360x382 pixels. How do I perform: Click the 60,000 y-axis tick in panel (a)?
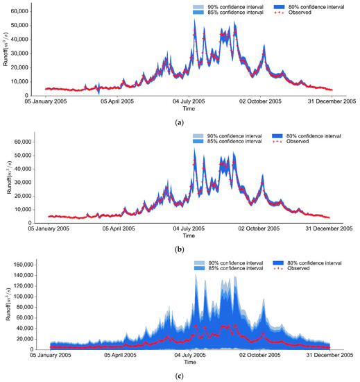pyautogui.click(x=18, y=11)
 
